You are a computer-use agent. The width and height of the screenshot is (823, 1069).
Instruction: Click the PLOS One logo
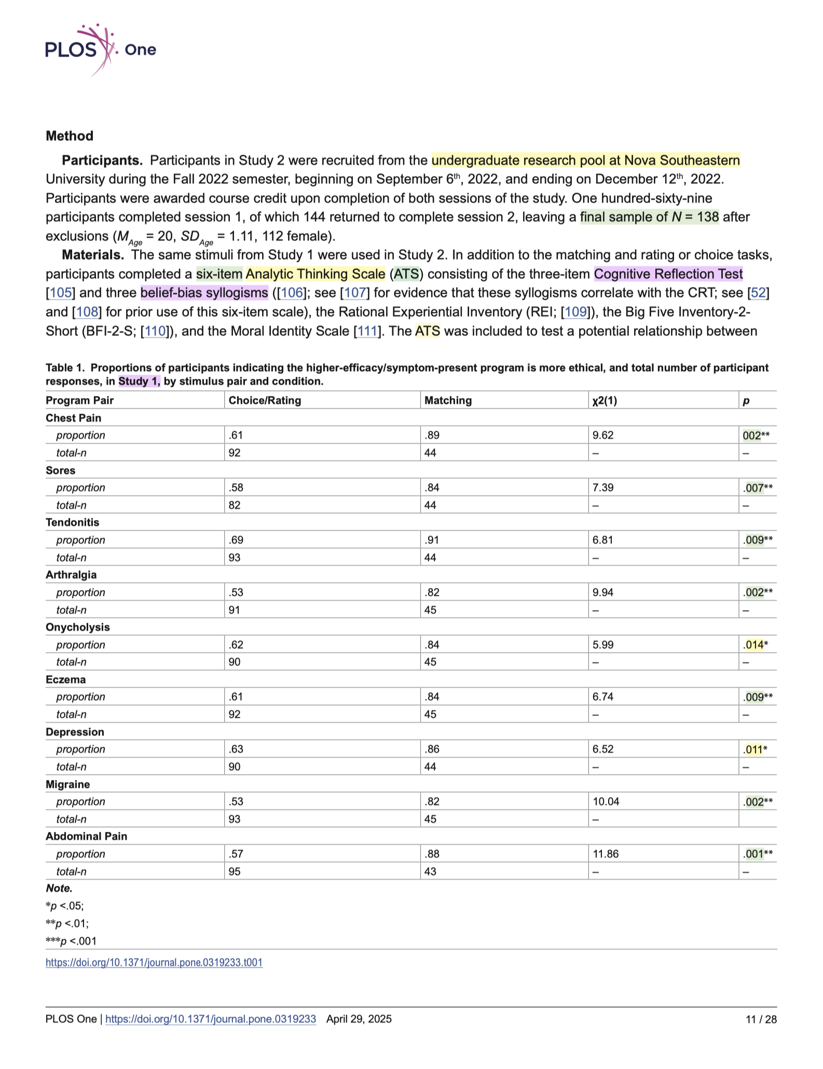(101, 49)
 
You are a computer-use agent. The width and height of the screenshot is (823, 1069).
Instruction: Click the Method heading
(70, 136)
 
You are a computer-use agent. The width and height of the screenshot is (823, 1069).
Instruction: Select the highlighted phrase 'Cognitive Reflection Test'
(668, 274)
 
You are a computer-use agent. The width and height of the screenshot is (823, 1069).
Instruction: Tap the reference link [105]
(61, 293)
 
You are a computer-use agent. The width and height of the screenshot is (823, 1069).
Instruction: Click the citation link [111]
(367, 331)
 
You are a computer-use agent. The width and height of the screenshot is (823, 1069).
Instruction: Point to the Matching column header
(448, 401)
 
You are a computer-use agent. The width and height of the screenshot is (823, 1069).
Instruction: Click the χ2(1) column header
(605, 401)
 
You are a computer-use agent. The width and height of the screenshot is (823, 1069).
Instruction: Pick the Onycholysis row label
(78, 627)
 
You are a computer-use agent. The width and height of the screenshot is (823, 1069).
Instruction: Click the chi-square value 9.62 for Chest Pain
(603, 435)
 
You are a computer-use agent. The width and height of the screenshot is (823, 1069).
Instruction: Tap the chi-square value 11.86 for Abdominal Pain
(606, 854)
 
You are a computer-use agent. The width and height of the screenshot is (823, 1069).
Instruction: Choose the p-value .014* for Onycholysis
(756, 645)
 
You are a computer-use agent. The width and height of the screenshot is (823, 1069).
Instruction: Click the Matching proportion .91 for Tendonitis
(431, 540)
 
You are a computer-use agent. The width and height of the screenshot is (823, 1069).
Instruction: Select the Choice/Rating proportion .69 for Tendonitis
(236, 540)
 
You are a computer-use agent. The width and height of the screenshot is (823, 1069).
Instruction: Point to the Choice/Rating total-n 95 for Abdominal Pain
(235, 872)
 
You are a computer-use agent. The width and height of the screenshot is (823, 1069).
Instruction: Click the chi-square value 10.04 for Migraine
(606, 802)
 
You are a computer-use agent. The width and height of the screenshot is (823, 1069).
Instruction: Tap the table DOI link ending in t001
(154, 963)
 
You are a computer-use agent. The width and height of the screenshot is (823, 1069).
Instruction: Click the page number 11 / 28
(761, 1019)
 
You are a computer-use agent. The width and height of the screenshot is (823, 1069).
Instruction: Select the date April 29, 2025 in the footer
(359, 1019)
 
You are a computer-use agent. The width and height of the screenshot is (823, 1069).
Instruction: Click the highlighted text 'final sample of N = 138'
(649, 217)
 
